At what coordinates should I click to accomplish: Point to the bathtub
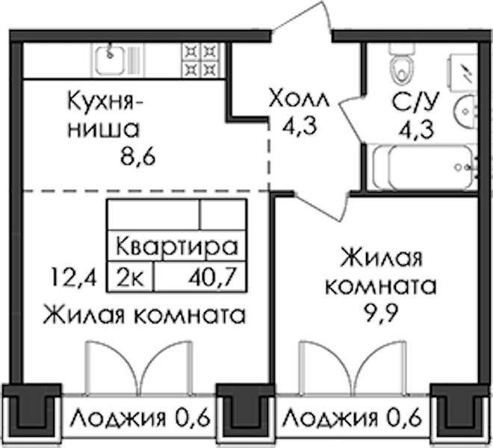click(x=423, y=167)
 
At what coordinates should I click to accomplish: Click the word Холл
click(x=299, y=99)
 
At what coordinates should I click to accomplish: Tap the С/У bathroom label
click(x=415, y=102)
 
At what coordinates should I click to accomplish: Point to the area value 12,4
click(x=73, y=277)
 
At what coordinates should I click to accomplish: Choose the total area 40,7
click(x=212, y=277)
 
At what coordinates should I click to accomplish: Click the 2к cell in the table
click(x=131, y=277)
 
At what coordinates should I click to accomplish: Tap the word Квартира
click(x=177, y=246)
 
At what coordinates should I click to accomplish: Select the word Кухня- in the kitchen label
click(x=105, y=102)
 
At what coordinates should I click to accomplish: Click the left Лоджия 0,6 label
click(x=140, y=418)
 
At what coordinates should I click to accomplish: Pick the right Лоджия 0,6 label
click(x=352, y=418)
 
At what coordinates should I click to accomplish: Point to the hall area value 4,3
click(x=300, y=125)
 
